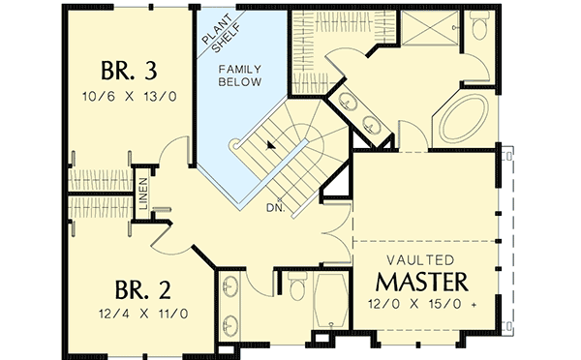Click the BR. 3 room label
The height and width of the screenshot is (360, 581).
click(x=130, y=73)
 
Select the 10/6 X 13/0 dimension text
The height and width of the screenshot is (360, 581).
click(x=130, y=97)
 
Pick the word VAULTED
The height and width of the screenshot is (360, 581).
click(x=422, y=258)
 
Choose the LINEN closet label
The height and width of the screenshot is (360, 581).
click(x=142, y=194)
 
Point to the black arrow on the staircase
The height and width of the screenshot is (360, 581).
click(x=271, y=143)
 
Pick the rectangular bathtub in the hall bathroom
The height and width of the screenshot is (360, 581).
click(x=329, y=299)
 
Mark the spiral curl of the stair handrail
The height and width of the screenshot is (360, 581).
click(x=233, y=145)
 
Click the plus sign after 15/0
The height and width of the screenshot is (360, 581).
click(x=474, y=306)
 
